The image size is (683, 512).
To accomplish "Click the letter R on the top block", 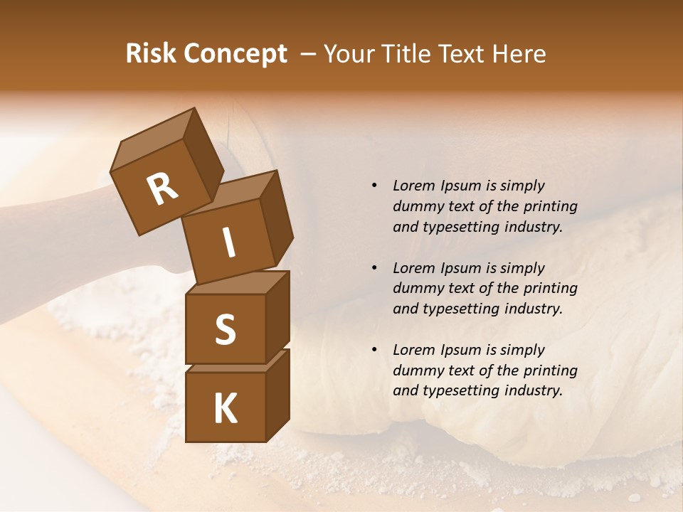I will [162, 189].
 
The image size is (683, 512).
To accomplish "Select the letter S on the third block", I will [225, 329].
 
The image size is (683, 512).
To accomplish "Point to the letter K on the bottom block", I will [225, 409].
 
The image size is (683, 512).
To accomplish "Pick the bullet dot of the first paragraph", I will [374, 186].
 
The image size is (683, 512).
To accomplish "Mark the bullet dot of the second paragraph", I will [374, 268].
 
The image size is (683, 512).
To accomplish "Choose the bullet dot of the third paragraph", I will [374, 350].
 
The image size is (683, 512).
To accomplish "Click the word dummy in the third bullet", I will [415, 370].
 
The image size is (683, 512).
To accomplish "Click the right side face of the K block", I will [277, 395].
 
